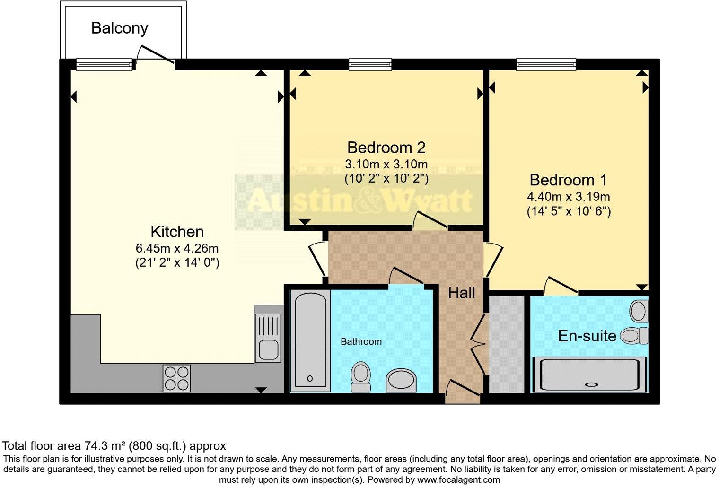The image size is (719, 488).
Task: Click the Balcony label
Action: tap(119, 28)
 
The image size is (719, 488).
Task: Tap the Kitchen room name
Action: tap(177, 232)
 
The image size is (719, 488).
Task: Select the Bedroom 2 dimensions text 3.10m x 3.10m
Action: tap(386, 165)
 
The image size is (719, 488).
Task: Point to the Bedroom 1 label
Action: tap(568, 180)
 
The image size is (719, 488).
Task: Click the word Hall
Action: tap(461, 293)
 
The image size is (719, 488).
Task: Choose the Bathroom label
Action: tap(361, 341)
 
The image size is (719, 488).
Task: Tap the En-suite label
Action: tap(587, 336)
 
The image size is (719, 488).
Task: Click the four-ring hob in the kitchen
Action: tap(177, 378)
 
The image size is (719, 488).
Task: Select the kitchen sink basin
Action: tap(268, 350)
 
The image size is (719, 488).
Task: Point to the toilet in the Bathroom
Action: tap(361, 376)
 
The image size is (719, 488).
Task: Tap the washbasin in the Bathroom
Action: tap(401, 380)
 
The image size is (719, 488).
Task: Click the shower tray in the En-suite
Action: tap(589, 375)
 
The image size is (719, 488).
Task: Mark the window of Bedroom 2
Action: tap(370, 64)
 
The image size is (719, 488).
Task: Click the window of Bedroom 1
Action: tap(546, 64)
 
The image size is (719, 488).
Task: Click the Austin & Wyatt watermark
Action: tap(359, 200)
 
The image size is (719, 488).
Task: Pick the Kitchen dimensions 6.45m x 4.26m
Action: tap(177, 248)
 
